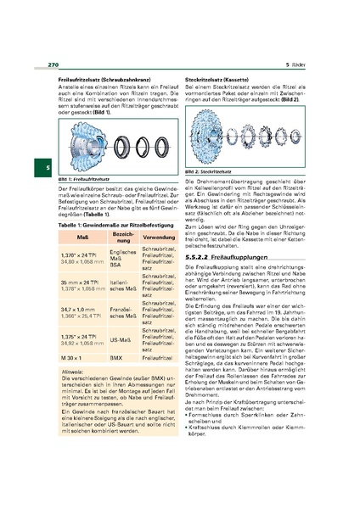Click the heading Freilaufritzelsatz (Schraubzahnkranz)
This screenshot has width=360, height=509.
coord(92,79)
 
